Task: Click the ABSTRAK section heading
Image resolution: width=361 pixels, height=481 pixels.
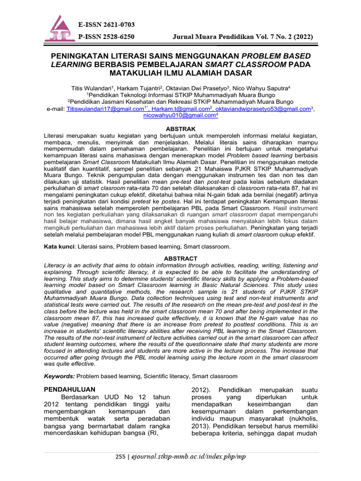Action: tap(181, 128)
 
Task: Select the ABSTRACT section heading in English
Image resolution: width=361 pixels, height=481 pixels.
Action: tap(180, 258)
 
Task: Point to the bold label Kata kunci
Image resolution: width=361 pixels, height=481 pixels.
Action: tap(60, 246)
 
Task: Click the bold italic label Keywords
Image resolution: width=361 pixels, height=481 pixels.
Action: tap(59, 376)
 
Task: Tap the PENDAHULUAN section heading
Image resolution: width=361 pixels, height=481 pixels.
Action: tap(69, 389)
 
